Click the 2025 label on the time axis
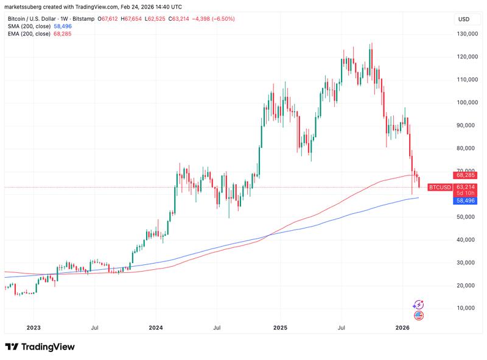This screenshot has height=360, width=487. [x=280, y=328]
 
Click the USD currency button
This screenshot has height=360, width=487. [x=464, y=19]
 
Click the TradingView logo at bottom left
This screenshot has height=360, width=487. [x=40, y=347]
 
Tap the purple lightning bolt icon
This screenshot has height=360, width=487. [x=418, y=304]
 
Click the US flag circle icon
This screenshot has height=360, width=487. [x=418, y=315]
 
